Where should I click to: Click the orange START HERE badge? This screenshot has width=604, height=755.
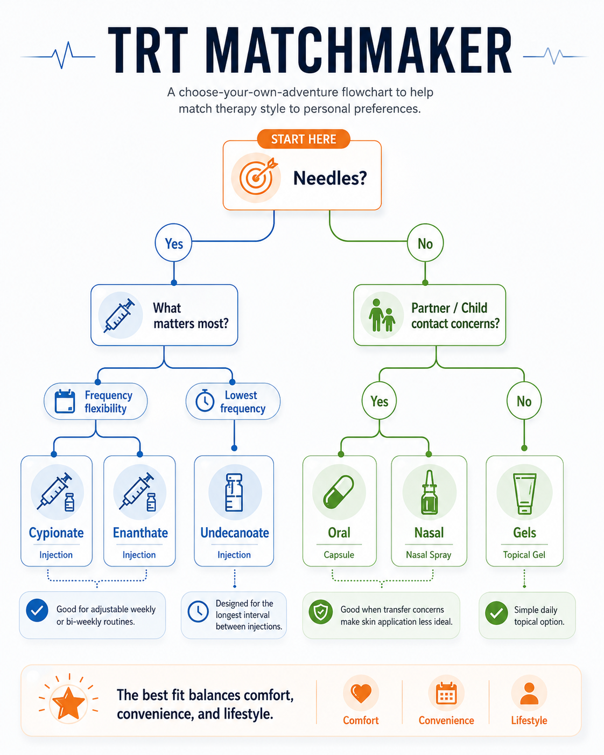coord(304,139)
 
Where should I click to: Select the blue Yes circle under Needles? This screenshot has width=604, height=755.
coord(174,243)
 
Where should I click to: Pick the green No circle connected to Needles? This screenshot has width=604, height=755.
coord(425,243)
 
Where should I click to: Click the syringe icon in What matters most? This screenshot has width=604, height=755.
coord(120,316)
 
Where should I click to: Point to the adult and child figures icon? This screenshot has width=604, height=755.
coord(382,315)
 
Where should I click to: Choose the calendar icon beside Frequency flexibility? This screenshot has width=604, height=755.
coord(65,401)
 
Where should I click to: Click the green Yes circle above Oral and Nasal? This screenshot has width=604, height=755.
coord(379,401)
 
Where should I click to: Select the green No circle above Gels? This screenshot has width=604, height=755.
coord(524,401)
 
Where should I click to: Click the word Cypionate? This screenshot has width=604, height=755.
coord(56,533)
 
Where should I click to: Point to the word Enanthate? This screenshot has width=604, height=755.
coord(141,533)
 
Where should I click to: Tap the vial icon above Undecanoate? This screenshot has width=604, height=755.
coord(234,492)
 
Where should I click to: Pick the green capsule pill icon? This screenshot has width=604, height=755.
coord(339,492)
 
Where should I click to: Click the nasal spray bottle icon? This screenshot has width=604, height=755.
coord(430,492)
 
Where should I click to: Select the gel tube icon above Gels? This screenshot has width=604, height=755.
coord(524,493)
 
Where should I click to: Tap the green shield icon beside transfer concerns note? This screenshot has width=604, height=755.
coord(321,612)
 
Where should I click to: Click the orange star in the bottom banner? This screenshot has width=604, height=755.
coord(68,703)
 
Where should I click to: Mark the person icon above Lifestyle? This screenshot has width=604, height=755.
coord(529,694)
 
